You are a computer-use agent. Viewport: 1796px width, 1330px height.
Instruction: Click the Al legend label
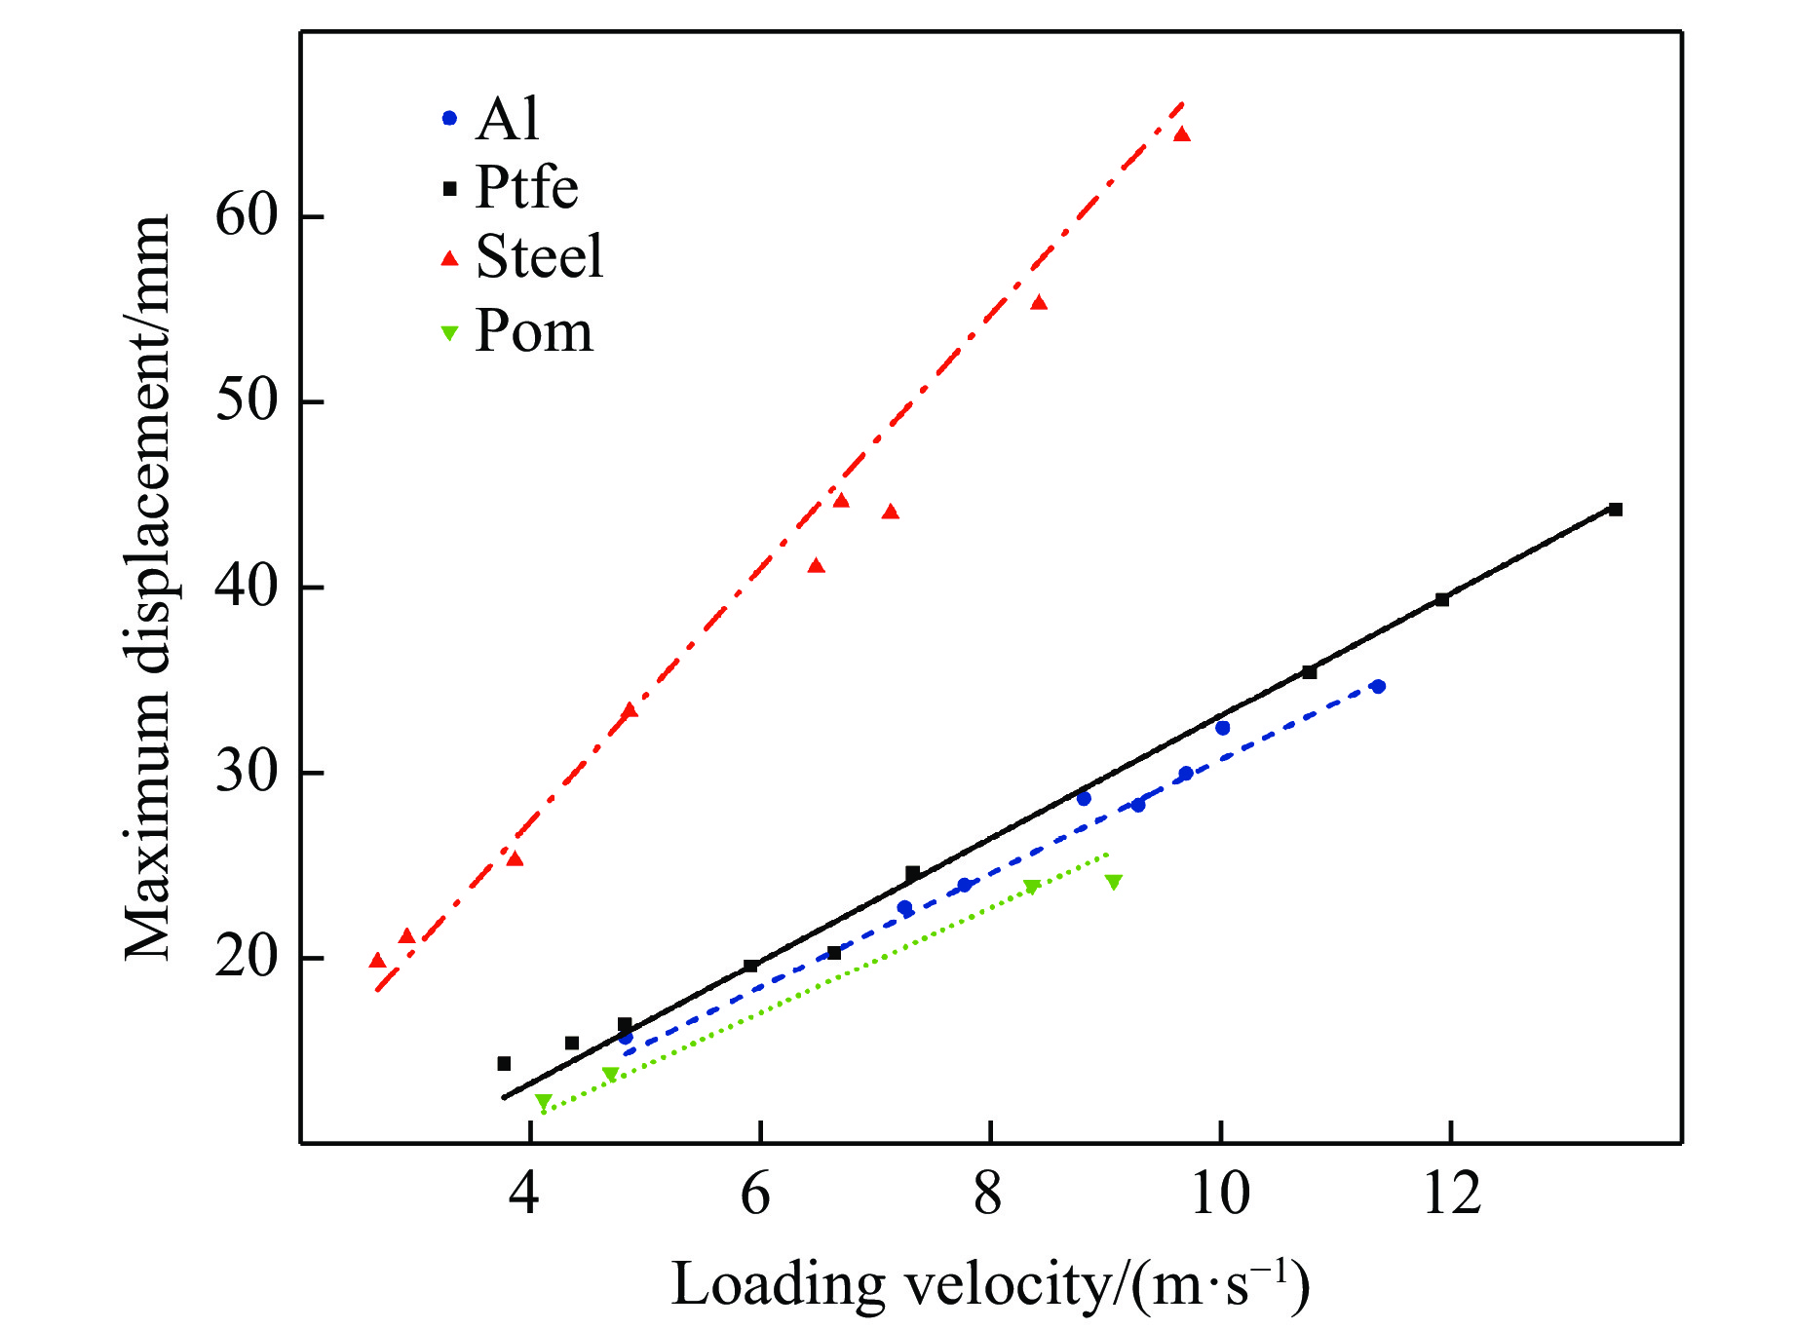pos(507,119)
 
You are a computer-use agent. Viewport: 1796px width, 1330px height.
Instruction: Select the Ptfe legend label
pos(526,187)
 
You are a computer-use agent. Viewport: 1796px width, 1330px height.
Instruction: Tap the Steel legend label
pos(539,257)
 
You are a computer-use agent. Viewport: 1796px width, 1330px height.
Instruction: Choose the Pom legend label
pos(533,331)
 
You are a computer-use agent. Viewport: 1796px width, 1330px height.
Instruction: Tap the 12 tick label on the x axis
pos(1451,1193)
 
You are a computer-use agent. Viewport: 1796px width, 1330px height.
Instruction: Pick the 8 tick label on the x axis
pos(988,1193)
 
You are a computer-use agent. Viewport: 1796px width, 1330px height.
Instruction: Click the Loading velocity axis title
pos(990,1284)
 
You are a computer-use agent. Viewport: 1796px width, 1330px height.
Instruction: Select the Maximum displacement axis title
pos(148,588)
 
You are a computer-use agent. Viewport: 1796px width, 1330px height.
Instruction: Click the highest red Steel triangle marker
pos(1182,134)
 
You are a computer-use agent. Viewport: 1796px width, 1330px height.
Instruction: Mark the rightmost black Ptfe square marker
pos(1615,510)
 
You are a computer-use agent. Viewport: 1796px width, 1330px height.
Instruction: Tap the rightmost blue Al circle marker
pos(1378,687)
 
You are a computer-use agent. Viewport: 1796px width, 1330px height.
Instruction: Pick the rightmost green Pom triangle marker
pos(1113,882)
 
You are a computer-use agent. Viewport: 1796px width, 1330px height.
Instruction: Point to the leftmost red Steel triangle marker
pos(377,961)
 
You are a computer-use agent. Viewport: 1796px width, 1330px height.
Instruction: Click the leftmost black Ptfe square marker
pos(504,1063)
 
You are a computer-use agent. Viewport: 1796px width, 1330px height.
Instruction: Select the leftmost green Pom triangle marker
pos(543,1102)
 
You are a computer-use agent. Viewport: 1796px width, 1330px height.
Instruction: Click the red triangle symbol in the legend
pos(449,258)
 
